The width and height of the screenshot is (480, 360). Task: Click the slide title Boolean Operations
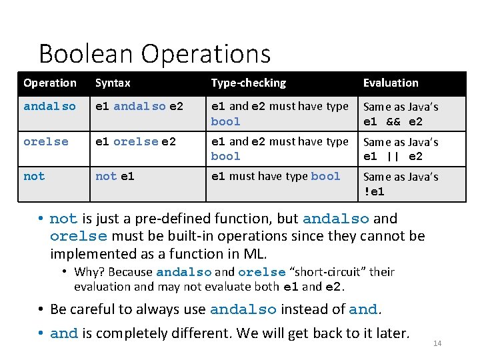tap(155, 54)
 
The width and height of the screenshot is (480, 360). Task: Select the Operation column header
tap(50, 83)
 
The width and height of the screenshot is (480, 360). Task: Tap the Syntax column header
tap(113, 83)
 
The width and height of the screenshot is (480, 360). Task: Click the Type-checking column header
tap(248, 83)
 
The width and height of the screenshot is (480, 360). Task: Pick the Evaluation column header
tap(391, 83)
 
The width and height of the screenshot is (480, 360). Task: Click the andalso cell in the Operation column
tap(49, 107)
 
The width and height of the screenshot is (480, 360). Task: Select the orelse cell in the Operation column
tap(46, 142)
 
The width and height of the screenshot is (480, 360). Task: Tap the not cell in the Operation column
tap(34, 177)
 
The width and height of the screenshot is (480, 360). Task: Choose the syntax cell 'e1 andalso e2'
tap(139, 107)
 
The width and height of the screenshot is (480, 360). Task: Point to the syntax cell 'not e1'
tap(115, 177)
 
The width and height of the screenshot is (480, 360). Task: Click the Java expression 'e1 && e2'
tap(393, 122)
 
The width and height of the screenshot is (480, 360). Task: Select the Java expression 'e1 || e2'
tap(393, 157)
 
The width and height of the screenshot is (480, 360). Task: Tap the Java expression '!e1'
tap(373, 192)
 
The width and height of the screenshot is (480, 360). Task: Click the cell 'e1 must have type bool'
tap(276, 177)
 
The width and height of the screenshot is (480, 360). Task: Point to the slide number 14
tap(437, 343)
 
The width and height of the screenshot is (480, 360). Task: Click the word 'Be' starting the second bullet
tap(58, 309)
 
